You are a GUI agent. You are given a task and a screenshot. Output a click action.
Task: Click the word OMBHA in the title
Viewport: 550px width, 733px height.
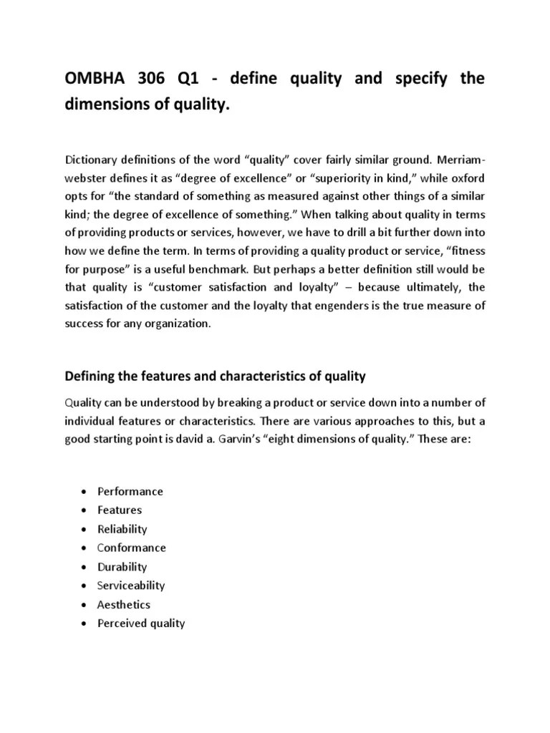tap(95, 79)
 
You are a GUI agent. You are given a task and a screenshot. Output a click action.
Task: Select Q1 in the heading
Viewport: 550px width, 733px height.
tap(204, 79)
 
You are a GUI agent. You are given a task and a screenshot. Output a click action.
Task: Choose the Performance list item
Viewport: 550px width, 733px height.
tap(130, 491)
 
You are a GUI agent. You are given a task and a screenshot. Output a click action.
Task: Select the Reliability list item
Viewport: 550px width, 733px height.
tap(122, 529)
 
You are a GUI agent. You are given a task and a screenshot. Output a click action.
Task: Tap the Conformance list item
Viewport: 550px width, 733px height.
tap(131, 548)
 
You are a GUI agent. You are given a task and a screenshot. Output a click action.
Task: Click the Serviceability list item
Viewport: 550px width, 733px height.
tap(131, 585)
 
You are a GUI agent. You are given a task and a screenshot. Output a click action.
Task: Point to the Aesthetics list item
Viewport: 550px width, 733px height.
tap(124, 604)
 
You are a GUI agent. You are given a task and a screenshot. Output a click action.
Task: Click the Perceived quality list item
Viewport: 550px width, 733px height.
tap(141, 623)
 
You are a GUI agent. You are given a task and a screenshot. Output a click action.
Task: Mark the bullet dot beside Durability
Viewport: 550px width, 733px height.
tap(85, 567)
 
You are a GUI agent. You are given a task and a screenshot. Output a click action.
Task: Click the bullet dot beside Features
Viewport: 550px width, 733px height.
tap(85, 510)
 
